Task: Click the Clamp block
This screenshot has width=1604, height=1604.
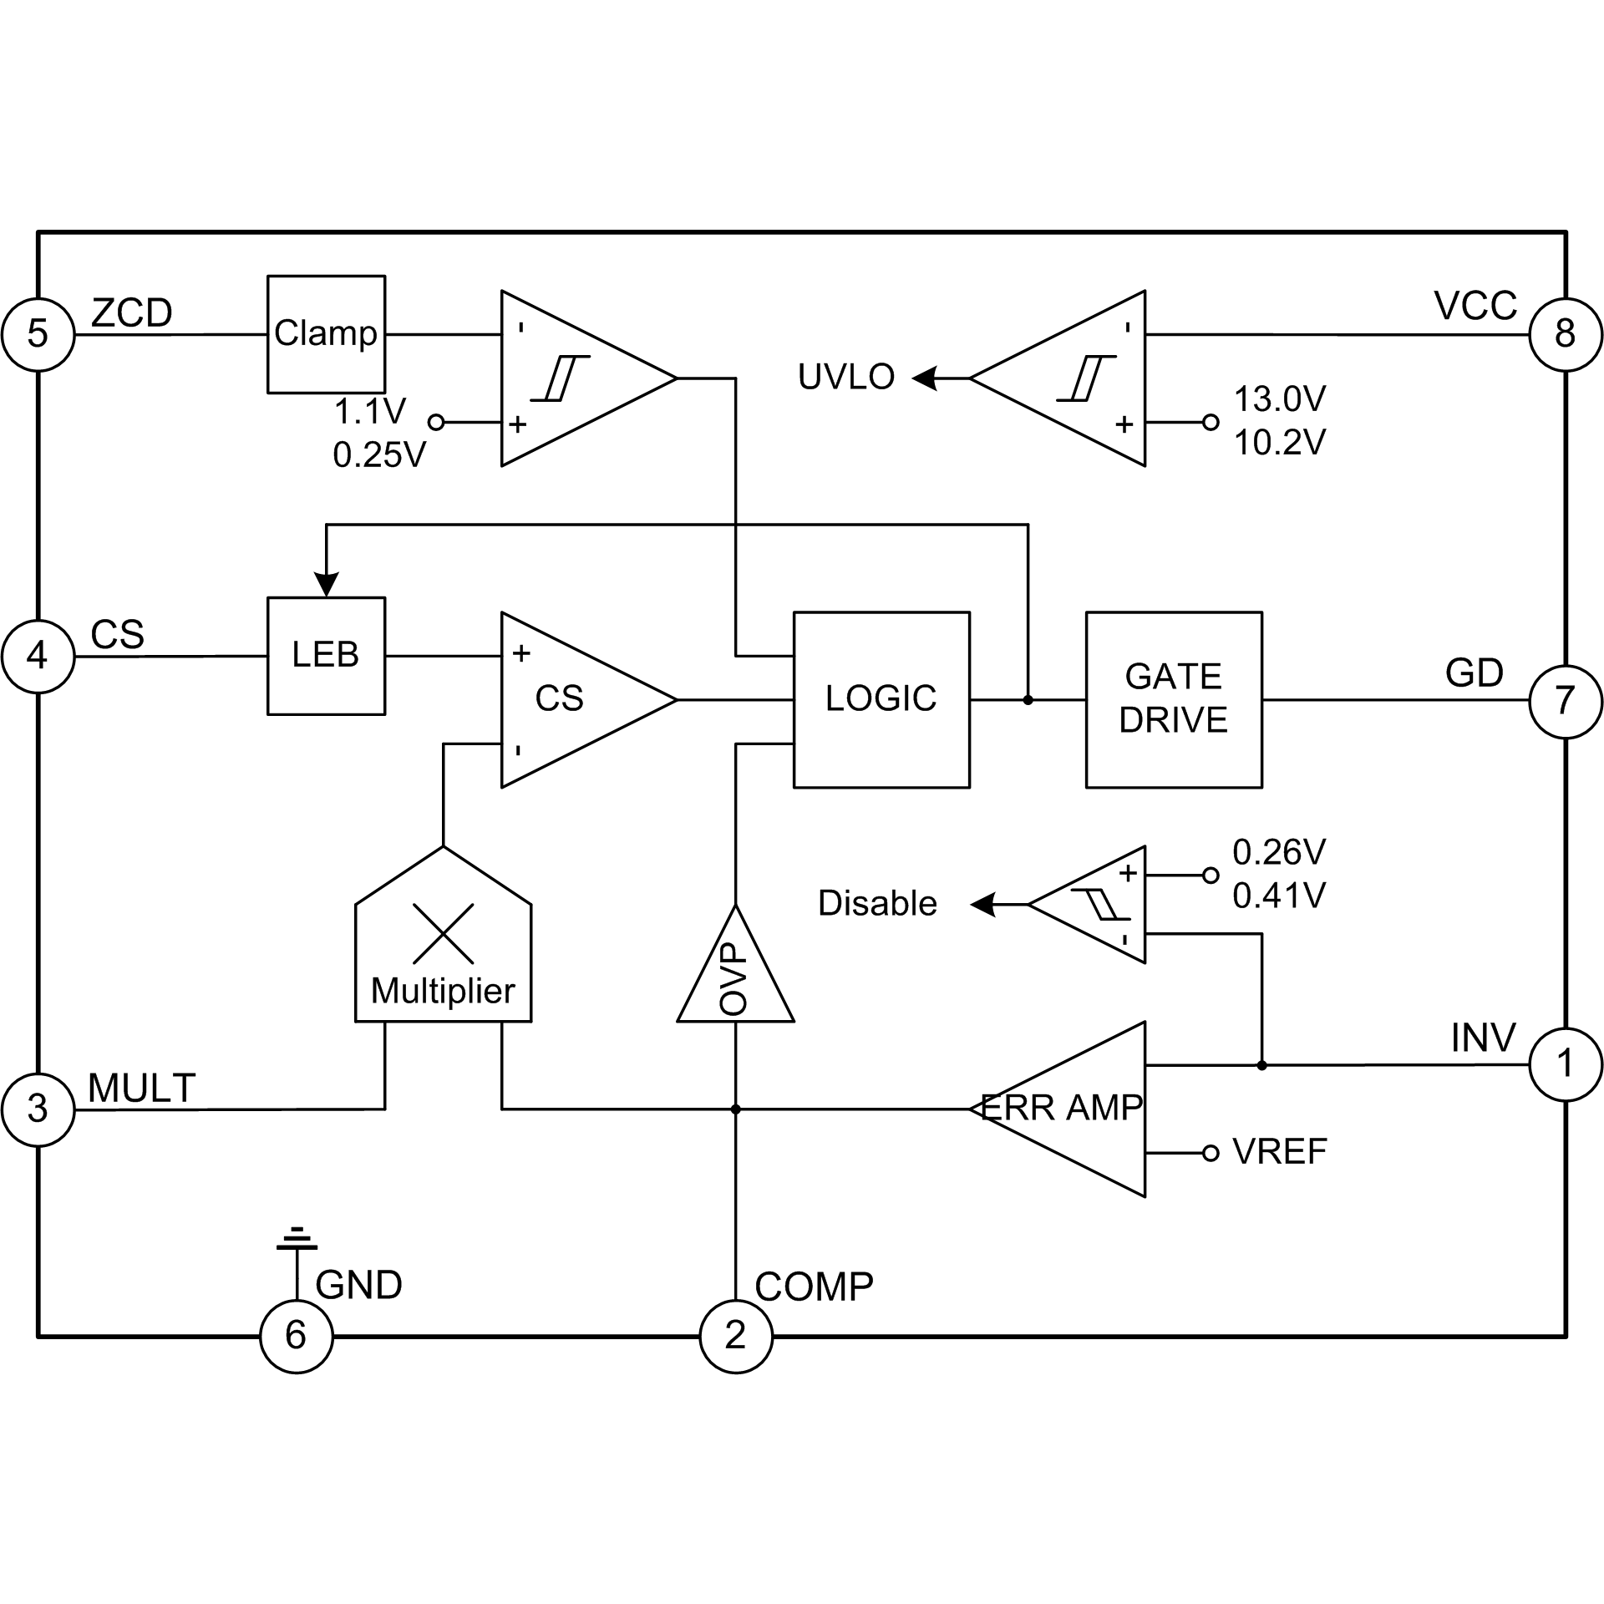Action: point(326,334)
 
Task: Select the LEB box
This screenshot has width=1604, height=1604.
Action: point(326,656)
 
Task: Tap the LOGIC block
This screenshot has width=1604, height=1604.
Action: point(881,699)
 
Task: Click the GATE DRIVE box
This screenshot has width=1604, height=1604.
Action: point(1174,699)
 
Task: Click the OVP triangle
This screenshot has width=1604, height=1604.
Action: point(735,977)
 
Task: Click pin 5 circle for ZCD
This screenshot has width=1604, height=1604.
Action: point(38,334)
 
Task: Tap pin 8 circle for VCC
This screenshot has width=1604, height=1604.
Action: point(1566,334)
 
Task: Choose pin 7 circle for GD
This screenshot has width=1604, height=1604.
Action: point(1566,701)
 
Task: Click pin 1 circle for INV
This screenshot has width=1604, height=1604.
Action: point(1566,1064)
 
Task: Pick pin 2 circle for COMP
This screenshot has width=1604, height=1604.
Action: point(735,1336)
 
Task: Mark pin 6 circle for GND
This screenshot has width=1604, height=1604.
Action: point(297,1336)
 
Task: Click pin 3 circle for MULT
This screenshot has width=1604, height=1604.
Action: point(38,1109)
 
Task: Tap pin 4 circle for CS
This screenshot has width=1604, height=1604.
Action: point(38,656)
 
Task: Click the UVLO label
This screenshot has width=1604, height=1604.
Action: point(845,378)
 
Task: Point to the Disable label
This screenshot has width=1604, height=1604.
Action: point(877,904)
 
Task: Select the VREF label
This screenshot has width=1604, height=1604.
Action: point(1279,1152)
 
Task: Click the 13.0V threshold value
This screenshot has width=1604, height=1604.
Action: point(1279,399)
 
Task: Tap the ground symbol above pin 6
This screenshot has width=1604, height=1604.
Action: point(297,1240)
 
